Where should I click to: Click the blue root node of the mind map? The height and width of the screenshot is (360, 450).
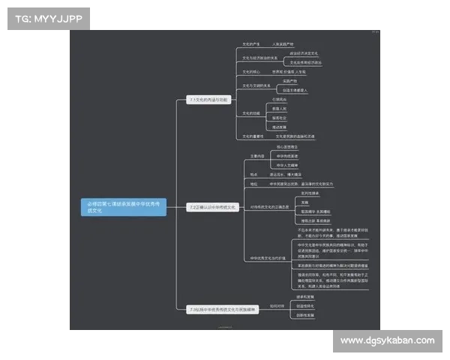(x=124, y=207)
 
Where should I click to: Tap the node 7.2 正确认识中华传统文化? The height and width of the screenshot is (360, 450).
(x=213, y=206)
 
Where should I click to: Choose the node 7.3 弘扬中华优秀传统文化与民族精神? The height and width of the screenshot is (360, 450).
(x=223, y=309)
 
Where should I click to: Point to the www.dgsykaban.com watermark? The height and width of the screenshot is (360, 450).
(x=386, y=340)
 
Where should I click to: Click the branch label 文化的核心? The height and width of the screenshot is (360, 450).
(x=251, y=71)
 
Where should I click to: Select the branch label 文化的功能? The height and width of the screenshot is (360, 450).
(x=251, y=113)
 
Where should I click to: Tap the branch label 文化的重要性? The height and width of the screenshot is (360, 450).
(x=253, y=136)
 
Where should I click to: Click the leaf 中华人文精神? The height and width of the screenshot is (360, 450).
(x=287, y=165)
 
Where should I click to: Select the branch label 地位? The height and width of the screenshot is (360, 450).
(x=253, y=183)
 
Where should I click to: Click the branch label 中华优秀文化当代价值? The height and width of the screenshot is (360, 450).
(x=268, y=259)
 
